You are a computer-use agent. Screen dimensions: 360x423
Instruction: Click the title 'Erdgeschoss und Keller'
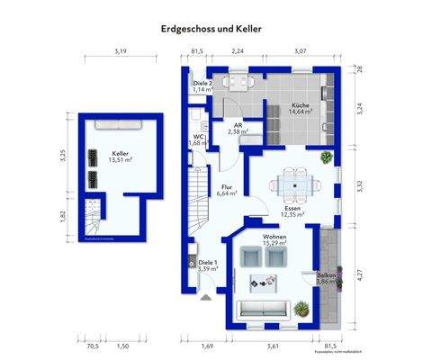click(211, 29)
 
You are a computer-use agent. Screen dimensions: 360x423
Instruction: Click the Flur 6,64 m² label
click(226, 190)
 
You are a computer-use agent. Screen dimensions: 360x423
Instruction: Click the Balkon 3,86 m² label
click(326, 278)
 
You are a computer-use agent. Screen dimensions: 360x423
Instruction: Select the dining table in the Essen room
click(296, 184)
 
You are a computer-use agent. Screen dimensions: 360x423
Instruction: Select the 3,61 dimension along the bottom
click(274, 345)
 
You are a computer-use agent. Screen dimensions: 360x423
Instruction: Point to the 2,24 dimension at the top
click(238, 51)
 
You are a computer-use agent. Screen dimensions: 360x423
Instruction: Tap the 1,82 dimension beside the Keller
click(63, 215)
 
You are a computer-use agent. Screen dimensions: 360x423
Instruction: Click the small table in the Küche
click(238, 84)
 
